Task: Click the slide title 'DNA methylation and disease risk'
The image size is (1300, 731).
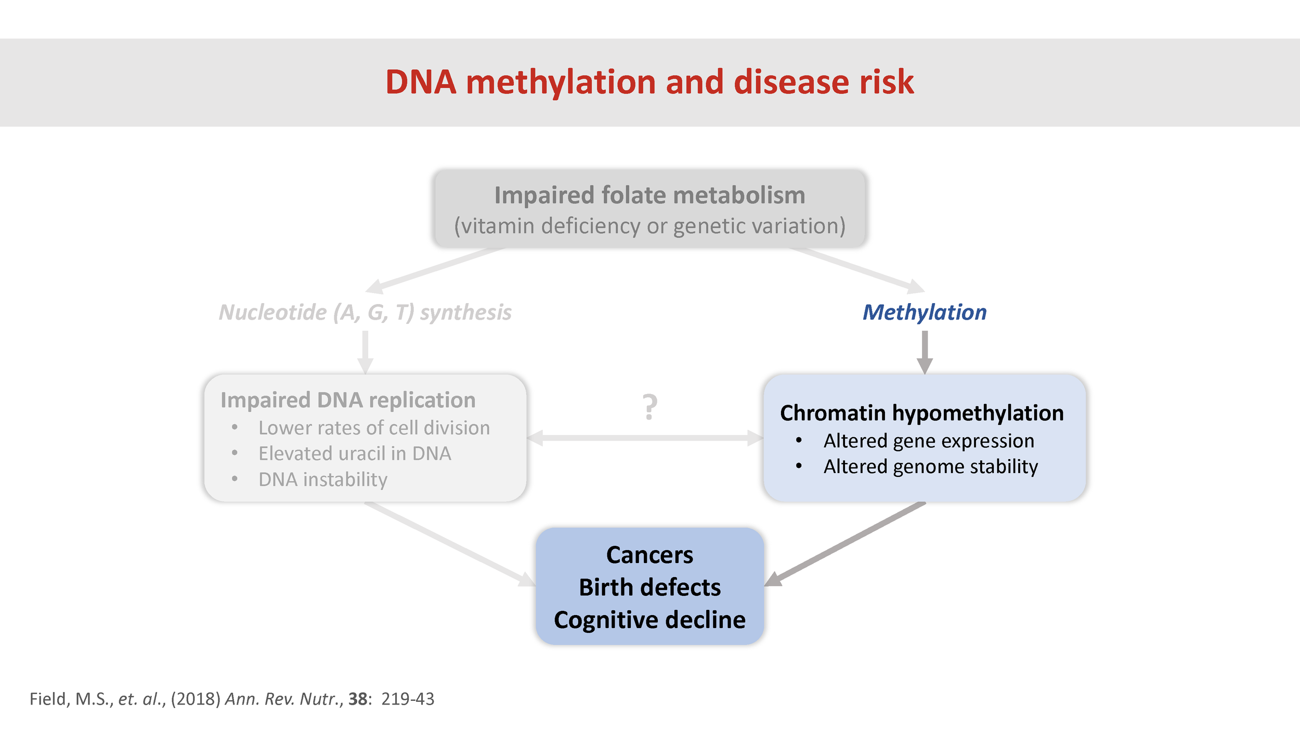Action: coord(649,82)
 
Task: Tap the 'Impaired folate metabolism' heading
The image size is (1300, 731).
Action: coord(649,195)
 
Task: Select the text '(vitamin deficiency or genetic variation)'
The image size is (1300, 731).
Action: coord(649,226)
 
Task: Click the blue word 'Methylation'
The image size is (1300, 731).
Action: coord(924,312)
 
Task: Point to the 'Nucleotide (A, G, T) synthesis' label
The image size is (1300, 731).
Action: coord(365,312)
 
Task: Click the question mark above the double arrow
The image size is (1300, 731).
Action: coord(649,407)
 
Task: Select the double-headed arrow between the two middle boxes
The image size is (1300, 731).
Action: coord(645,438)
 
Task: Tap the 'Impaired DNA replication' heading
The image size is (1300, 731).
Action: coord(348,400)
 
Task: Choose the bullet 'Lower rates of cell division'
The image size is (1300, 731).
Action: coord(374,428)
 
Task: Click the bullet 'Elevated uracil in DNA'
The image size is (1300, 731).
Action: coord(355,454)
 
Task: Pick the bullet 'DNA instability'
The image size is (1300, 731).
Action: coord(323,479)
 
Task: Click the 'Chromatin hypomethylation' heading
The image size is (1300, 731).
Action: coord(921,413)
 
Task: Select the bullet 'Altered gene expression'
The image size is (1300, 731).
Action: coord(929,441)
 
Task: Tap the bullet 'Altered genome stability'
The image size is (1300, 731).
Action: coord(930,467)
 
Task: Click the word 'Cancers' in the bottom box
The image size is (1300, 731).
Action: coord(649,555)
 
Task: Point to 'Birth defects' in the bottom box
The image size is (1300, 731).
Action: coord(649,588)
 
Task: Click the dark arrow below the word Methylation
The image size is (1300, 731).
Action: coord(925,351)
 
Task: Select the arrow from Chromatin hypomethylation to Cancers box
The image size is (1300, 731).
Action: coord(847,543)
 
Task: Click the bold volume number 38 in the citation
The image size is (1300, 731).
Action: coord(358,699)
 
